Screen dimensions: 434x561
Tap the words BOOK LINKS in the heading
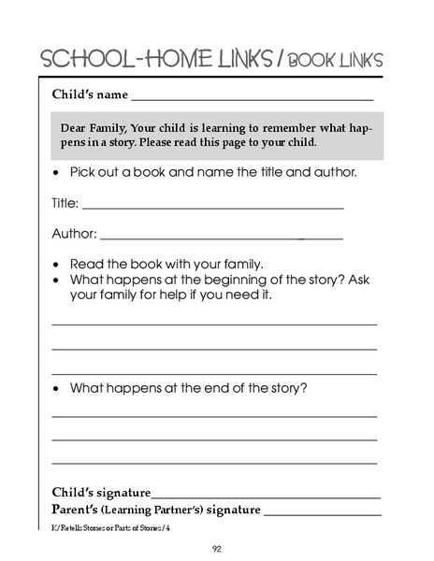334,61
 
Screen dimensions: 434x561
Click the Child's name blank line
253,98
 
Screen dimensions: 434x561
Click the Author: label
73,234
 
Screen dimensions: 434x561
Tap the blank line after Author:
221,237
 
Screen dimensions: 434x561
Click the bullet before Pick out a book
58,174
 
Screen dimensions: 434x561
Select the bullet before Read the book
58,264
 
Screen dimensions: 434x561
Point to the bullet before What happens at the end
58,388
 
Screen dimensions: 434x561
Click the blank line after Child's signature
267,496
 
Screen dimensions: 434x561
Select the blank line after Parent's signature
323,514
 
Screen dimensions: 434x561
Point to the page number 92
216,548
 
